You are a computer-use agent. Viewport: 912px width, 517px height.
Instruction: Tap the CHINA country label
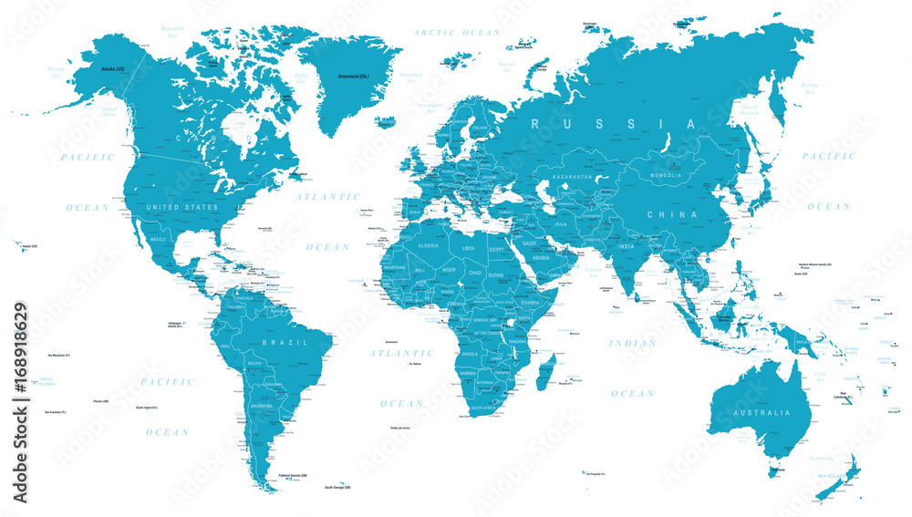tap(673, 215)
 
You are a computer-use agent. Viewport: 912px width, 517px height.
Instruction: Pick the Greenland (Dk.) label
tap(352, 77)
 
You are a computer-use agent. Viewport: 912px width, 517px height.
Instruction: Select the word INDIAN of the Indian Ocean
tap(632, 344)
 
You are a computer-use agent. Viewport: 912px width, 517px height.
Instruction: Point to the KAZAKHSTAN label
tap(571, 176)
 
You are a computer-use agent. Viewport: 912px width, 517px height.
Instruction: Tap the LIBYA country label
tap(468, 247)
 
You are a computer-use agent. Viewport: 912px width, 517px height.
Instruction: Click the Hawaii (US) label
tap(30, 245)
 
